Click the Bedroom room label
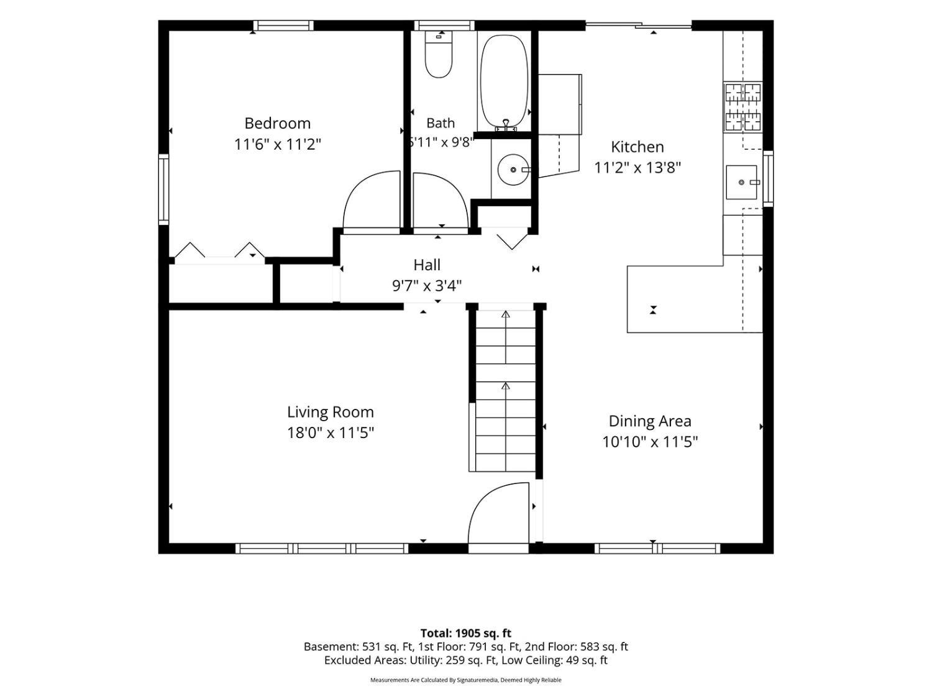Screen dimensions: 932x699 [x=277, y=124]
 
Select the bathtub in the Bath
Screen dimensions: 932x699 [x=504, y=82]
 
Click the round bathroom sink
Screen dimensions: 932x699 [x=513, y=170]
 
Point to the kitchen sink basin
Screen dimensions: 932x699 [x=741, y=182]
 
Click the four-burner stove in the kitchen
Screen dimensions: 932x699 [x=742, y=106]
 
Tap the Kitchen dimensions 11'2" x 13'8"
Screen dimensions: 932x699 [x=637, y=168]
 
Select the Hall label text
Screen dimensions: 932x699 [x=427, y=265]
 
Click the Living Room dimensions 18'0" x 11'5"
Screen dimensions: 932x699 [x=331, y=433]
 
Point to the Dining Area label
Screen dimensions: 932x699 [x=650, y=421]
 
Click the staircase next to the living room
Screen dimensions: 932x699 [x=505, y=390]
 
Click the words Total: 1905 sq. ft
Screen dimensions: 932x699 [x=466, y=633]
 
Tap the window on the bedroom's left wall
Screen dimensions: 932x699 [x=163, y=190]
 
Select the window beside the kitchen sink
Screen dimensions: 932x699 [x=768, y=179]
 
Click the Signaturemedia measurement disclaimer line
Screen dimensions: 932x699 [x=466, y=680]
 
